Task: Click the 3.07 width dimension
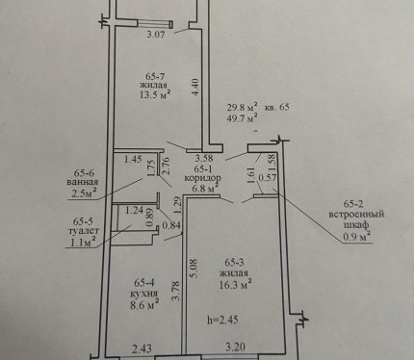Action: click(156, 34)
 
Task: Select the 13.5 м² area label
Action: click(155, 95)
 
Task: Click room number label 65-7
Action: click(155, 77)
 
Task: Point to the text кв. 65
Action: click(276, 107)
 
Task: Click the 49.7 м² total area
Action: click(243, 118)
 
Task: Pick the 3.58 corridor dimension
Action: click(204, 158)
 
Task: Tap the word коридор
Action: click(202, 178)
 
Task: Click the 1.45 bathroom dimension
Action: click(133, 159)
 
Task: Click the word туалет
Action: click(84, 231)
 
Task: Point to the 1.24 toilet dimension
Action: click(134, 211)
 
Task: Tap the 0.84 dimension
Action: click(171, 225)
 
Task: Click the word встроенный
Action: click(356, 214)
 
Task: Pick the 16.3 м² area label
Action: click(235, 284)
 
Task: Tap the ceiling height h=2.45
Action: click(222, 320)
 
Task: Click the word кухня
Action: click(143, 294)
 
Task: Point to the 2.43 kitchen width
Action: click(142, 348)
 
